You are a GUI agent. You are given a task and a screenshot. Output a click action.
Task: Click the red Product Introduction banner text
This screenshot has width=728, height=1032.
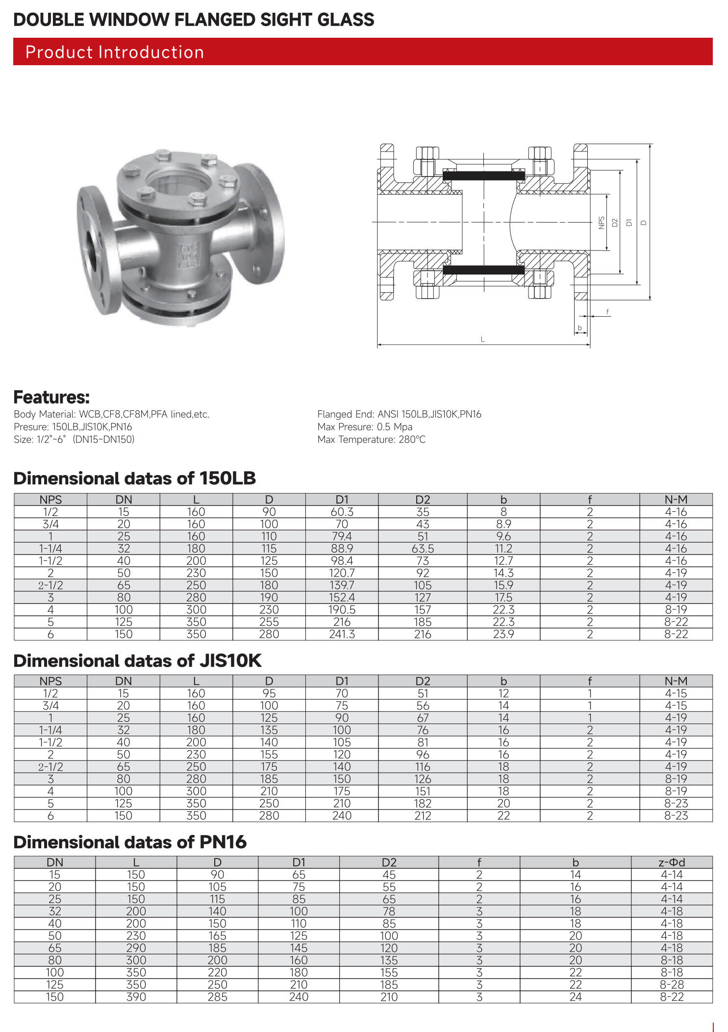pos(115,52)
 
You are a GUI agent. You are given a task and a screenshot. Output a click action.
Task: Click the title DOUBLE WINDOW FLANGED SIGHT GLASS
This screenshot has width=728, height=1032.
pos(194,20)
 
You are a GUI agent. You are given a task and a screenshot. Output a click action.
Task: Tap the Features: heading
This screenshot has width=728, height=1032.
pos(51,397)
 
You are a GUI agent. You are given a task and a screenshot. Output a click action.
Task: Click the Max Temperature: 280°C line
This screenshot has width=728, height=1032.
pos(371,439)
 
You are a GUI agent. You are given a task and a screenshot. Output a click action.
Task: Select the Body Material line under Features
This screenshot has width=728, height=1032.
pos(111,414)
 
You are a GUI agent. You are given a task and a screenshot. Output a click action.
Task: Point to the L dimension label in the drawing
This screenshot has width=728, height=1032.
pos(482,339)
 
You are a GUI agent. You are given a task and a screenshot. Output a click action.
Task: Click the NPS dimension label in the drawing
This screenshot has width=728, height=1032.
pos(602,223)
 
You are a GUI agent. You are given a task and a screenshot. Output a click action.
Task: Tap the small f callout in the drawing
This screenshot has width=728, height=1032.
pos(607,311)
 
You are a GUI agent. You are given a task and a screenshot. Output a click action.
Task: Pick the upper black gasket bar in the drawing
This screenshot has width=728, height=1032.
pos(483,176)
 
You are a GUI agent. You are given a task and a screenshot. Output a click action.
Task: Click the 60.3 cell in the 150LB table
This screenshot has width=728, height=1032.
pos(342,511)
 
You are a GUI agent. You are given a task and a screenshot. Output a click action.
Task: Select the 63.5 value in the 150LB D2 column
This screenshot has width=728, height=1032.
pos(422,548)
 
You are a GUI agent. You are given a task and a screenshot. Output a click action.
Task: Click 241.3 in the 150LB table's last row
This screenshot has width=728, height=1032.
pos(342,634)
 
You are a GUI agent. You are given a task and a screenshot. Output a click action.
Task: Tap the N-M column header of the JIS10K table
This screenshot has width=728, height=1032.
pos(676,680)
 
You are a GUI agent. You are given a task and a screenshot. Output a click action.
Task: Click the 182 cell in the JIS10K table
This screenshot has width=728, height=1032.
pos(422,803)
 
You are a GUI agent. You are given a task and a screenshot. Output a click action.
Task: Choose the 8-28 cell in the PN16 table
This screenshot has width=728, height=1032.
pos(671,984)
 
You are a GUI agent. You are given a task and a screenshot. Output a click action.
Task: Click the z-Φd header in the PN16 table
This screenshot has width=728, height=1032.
pos(671,862)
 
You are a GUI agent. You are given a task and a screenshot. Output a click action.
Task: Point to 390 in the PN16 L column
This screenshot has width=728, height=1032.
pos(136,997)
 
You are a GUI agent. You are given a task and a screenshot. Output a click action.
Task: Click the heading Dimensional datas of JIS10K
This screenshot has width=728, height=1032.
pos(137,660)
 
